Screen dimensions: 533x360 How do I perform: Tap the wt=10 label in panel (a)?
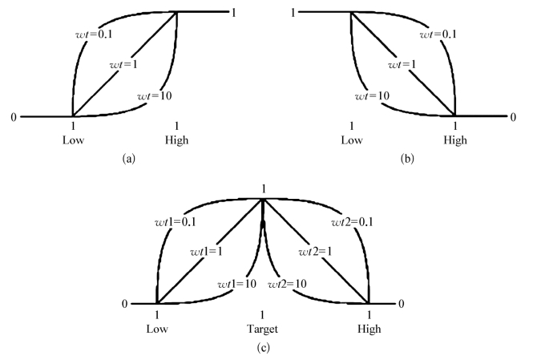click(153, 96)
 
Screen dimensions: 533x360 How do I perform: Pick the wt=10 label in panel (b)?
click(372, 96)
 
